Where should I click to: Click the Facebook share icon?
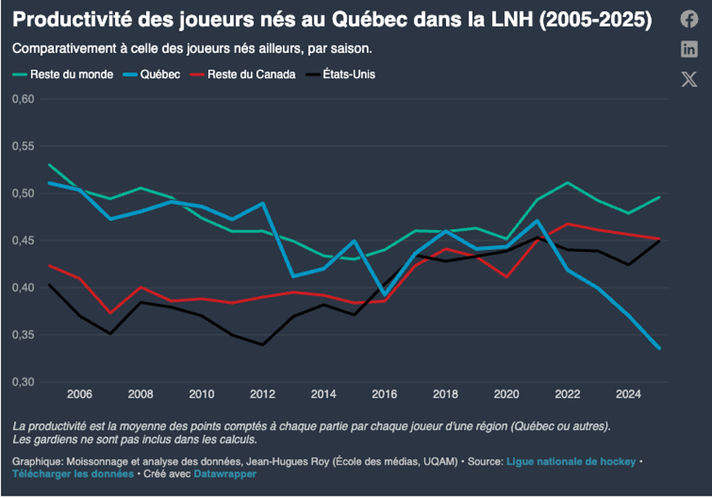(x=689, y=20)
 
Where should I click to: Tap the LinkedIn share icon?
(x=689, y=49)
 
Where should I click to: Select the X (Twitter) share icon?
(x=689, y=79)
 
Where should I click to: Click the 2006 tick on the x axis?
(x=79, y=394)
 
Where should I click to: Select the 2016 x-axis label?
(x=384, y=394)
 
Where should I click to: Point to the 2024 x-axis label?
(x=628, y=394)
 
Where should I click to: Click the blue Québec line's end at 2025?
(x=659, y=348)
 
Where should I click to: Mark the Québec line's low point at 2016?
(x=384, y=295)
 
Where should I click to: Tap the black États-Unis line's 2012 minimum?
(x=263, y=344)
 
